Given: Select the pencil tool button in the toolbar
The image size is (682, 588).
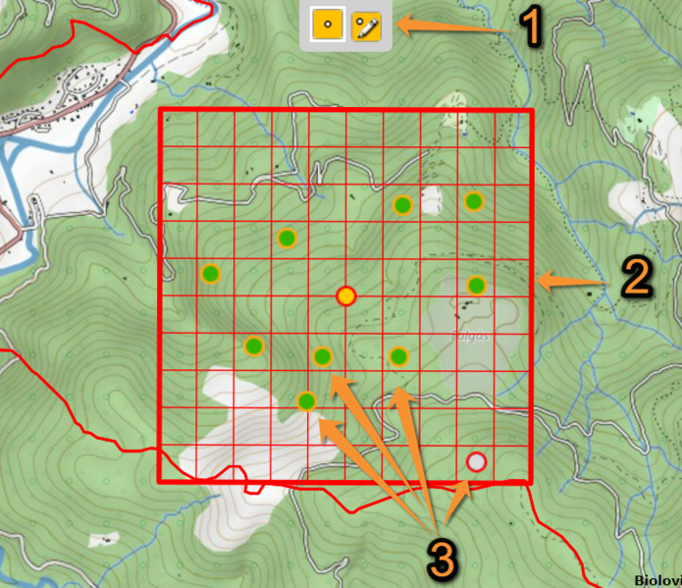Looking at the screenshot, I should (x=367, y=26).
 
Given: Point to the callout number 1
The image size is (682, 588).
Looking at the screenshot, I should (x=531, y=26).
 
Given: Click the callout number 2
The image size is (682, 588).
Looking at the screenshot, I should (x=635, y=278).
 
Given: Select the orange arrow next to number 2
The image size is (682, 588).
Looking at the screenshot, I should (x=576, y=283).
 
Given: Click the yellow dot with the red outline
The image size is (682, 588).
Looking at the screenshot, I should (x=345, y=296).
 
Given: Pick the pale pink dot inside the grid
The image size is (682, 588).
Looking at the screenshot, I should (x=476, y=460).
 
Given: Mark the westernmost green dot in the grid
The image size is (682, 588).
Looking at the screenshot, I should (x=210, y=273).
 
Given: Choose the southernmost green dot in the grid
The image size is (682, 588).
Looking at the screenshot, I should (x=306, y=401).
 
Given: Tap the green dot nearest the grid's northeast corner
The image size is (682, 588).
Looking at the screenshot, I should (x=473, y=201).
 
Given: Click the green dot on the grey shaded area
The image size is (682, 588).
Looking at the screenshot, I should (x=476, y=286).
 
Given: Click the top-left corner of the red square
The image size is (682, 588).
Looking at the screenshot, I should (x=160, y=109).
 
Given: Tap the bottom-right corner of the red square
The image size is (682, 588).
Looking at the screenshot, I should (x=531, y=481).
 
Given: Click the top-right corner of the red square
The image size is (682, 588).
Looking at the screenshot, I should (x=531, y=109).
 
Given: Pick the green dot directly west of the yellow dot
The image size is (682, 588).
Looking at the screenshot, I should (x=210, y=273).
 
